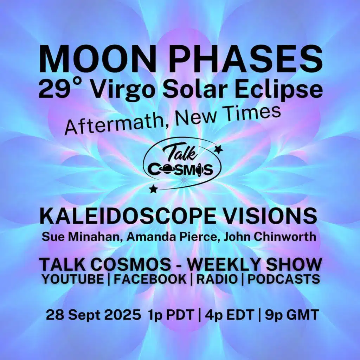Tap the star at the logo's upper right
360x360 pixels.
(x=219, y=150)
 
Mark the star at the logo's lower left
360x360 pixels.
(x=153, y=189)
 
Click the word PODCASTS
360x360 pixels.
(x=284, y=279)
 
